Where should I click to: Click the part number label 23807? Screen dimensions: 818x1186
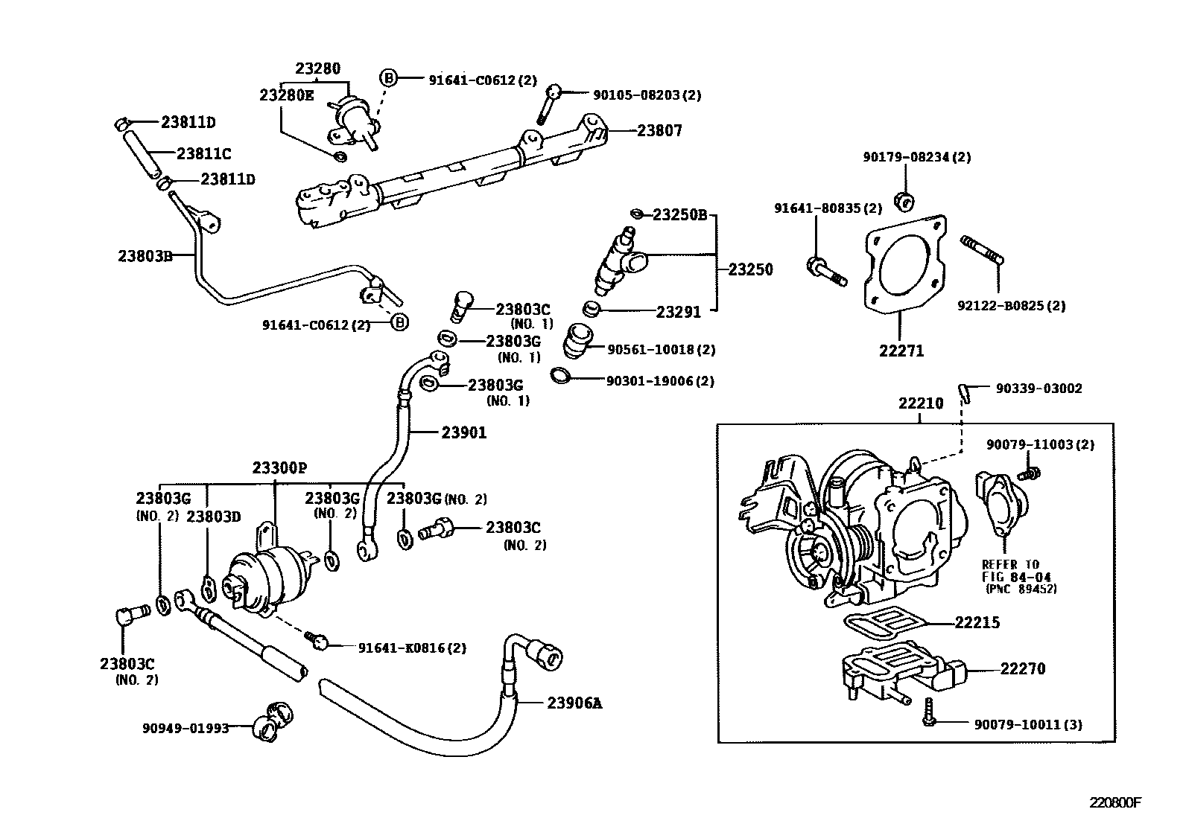pyautogui.click(x=659, y=131)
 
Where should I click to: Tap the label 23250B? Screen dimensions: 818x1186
pyautogui.click(x=679, y=215)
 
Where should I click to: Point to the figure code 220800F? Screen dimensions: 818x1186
pyautogui.click(x=1114, y=802)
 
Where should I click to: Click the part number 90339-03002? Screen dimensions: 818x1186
pyautogui.click(x=1039, y=389)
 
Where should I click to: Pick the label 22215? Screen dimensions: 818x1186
pyautogui.click(x=977, y=622)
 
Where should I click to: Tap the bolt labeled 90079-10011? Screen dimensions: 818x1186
pyautogui.click(x=928, y=712)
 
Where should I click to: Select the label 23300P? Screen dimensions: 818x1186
pyautogui.click(x=279, y=467)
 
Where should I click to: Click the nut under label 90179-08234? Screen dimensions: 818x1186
pyautogui.click(x=905, y=199)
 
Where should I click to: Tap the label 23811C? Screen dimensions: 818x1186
pyautogui.click(x=203, y=154)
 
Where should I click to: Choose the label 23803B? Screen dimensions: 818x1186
pyautogui.click(x=145, y=256)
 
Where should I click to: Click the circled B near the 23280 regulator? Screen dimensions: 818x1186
pyautogui.click(x=389, y=78)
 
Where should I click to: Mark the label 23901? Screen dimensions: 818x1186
pyautogui.click(x=463, y=432)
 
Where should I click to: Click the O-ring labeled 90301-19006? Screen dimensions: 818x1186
pyautogui.click(x=562, y=375)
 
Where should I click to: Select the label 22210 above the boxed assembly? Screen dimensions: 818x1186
pyautogui.click(x=920, y=403)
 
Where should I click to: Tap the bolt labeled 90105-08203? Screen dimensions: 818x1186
pyautogui.click(x=548, y=103)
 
